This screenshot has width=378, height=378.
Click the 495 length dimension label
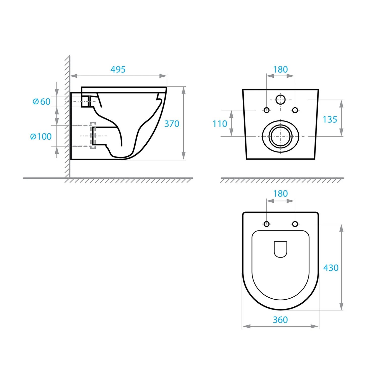(118, 69)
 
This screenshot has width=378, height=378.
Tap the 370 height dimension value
(172, 124)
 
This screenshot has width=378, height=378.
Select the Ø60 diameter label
(42, 102)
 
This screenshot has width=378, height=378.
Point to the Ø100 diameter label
(41, 136)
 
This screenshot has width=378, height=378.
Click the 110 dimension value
(220, 124)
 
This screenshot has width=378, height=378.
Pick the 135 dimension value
(330, 119)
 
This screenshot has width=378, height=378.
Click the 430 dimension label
(331, 268)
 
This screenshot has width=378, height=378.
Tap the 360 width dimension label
(280, 320)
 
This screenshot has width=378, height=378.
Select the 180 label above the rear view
(280, 69)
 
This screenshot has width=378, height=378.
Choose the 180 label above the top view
(280, 194)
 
